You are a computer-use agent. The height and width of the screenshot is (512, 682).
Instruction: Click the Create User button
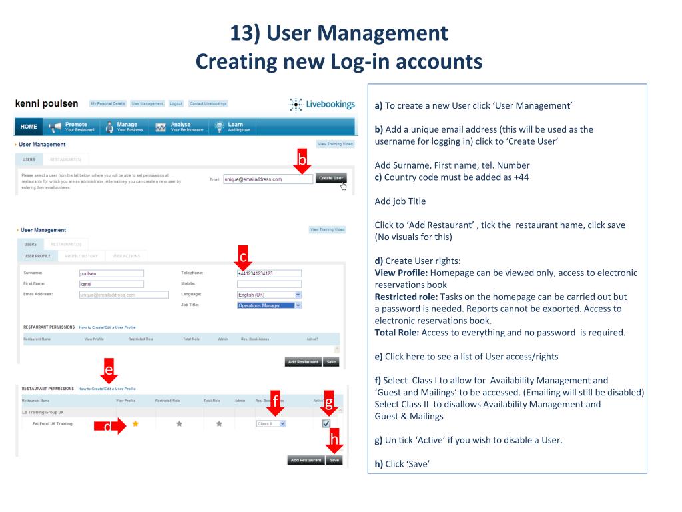click(331, 178)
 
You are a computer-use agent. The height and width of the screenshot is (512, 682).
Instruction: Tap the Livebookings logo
click(322, 105)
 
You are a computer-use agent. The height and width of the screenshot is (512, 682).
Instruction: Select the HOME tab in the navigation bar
click(28, 127)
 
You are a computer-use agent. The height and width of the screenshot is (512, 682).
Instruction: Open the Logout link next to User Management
click(176, 103)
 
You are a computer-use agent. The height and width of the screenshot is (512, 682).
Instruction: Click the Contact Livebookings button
click(208, 103)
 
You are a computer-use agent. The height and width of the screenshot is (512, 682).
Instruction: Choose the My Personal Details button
click(107, 103)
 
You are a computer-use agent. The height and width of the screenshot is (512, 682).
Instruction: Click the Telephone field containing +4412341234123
click(269, 273)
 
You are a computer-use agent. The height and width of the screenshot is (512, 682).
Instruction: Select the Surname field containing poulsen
click(111, 273)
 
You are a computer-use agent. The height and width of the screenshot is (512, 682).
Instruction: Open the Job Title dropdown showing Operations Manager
click(269, 305)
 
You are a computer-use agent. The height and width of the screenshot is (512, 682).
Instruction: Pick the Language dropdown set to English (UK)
click(269, 295)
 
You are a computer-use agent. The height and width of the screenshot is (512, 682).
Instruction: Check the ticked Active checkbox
click(326, 423)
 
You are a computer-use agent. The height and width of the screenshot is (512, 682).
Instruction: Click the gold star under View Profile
click(136, 423)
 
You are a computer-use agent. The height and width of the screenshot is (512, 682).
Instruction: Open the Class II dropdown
click(271, 423)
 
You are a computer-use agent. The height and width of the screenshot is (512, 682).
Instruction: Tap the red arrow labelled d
click(109, 426)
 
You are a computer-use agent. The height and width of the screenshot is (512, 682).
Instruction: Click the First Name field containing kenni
click(111, 283)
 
